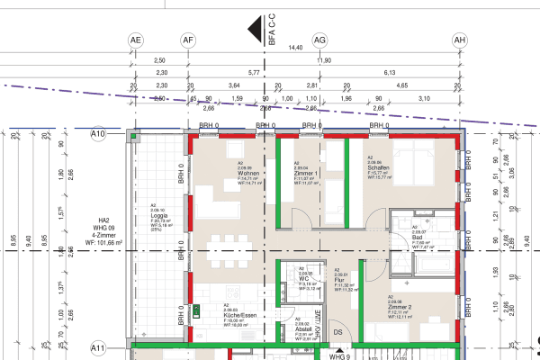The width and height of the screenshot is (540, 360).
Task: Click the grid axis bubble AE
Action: tap(136, 40)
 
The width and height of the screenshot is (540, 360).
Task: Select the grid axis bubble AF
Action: tap(188, 40)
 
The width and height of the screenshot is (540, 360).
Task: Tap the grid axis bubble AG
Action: tap(319, 40)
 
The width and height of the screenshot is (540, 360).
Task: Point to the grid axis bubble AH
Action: tap(460, 40)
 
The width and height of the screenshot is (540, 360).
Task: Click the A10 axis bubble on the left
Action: tap(99, 133)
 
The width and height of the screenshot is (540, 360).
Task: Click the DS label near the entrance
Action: tap(338, 332)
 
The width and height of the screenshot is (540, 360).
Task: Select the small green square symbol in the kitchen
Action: tap(197, 311)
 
